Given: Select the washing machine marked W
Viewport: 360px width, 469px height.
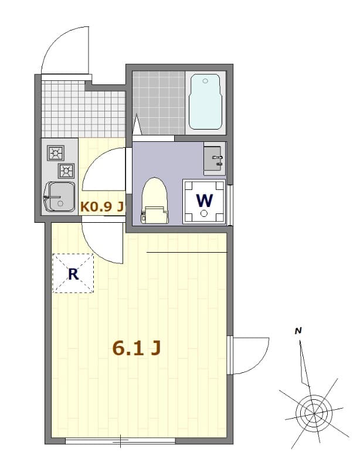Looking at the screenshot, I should [x=204, y=202].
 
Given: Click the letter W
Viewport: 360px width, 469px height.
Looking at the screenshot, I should [x=204, y=200].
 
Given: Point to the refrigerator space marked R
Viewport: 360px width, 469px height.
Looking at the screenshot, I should [x=73, y=273].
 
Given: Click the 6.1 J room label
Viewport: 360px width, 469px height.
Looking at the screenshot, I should [x=136, y=348].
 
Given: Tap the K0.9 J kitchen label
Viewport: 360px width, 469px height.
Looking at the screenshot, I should [x=102, y=206].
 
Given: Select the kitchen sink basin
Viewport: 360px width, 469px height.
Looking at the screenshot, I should [x=59, y=195].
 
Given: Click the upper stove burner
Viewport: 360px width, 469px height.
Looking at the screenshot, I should [x=56, y=154].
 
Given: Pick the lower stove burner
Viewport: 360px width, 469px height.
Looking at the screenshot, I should [x=66, y=171].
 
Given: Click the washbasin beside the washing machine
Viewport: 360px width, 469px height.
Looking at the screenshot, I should [x=213, y=158].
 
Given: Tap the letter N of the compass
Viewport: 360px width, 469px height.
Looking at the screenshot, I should [x=298, y=331].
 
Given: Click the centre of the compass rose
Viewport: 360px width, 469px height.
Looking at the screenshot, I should [x=312, y=410].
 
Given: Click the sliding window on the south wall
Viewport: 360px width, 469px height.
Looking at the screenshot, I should [x=120, y=440].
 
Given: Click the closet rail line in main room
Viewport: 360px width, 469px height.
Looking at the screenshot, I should [x=186, y=252].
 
